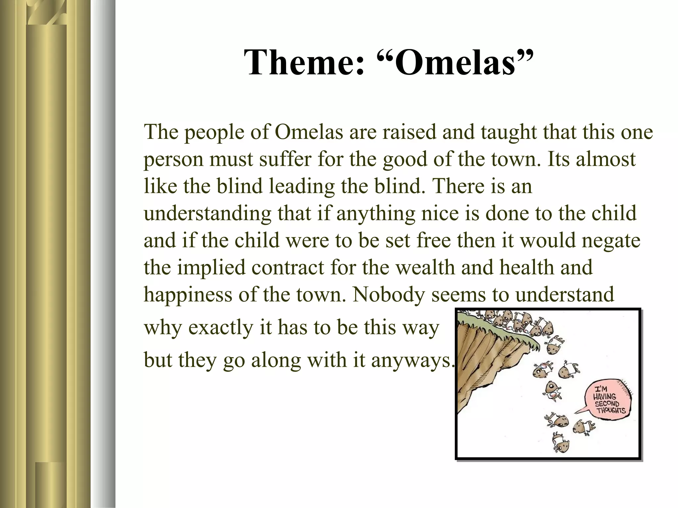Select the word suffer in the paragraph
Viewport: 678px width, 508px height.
pyautogui.click(x=285, y=159)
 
